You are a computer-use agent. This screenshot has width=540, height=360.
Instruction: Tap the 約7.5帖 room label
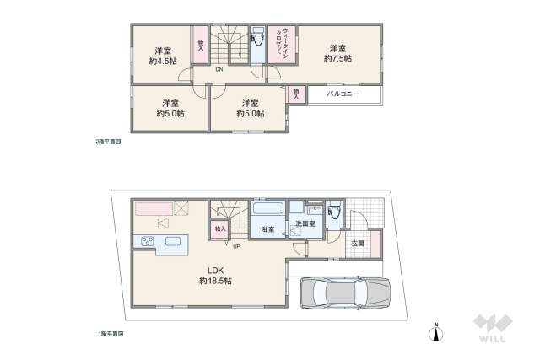340,52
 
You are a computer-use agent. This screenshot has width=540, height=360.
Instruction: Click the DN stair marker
219,69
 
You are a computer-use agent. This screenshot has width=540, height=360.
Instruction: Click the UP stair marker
237,246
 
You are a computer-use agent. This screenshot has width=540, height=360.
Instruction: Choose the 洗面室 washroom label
305,224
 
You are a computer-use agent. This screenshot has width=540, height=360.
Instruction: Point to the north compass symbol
435,332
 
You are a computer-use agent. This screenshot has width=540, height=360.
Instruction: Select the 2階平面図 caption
110,142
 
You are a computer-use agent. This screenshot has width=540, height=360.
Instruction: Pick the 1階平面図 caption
110,334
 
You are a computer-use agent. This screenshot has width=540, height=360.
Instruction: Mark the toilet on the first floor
335,212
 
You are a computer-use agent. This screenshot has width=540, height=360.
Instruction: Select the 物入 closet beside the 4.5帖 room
201,46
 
